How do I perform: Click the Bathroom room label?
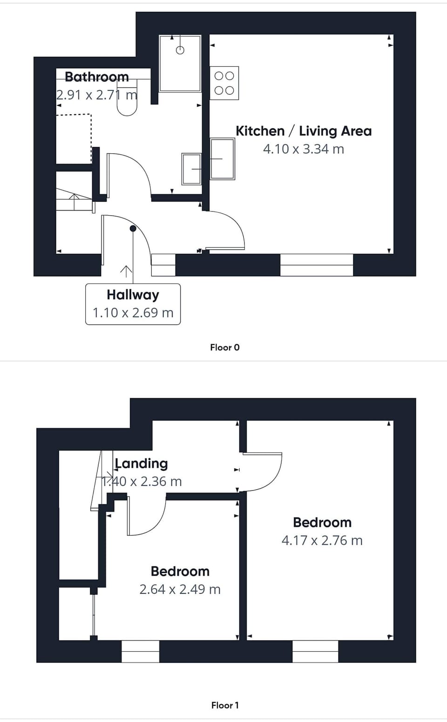97,77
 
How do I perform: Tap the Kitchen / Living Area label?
304,131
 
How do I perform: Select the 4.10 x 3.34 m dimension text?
304,149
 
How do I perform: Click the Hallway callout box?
133,304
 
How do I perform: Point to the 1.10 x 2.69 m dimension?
133,313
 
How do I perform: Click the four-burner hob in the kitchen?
224,83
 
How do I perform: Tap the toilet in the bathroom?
127,97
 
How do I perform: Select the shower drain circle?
180,50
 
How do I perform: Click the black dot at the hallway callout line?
133,229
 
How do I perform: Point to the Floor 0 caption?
224,347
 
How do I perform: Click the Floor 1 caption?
224,705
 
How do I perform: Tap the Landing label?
142,463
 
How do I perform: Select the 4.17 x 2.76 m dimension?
322,540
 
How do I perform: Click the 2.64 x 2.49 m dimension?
180,589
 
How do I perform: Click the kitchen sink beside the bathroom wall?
223,159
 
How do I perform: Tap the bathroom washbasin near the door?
192,169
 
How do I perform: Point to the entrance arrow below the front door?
126,272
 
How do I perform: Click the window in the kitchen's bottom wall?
317,265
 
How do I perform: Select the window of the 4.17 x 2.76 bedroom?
315,651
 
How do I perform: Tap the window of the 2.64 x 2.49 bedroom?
140,651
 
